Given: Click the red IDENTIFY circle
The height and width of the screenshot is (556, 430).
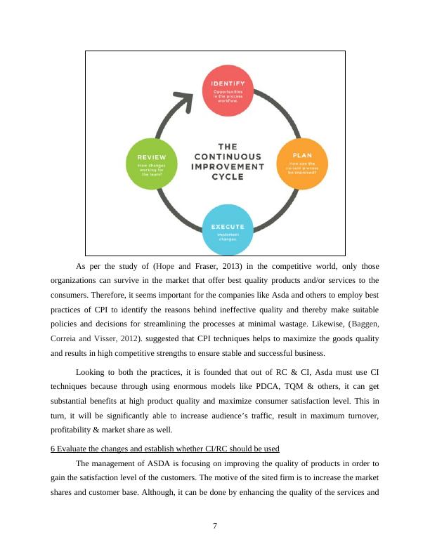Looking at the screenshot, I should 228,91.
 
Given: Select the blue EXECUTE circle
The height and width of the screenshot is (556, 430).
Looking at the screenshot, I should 228,230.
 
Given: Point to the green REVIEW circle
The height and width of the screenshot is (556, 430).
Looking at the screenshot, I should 152,166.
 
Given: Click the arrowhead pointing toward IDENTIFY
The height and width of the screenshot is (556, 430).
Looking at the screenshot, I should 184,101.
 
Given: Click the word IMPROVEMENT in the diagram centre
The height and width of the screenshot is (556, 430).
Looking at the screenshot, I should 228,166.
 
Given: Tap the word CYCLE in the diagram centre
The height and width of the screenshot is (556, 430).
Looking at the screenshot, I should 228,177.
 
